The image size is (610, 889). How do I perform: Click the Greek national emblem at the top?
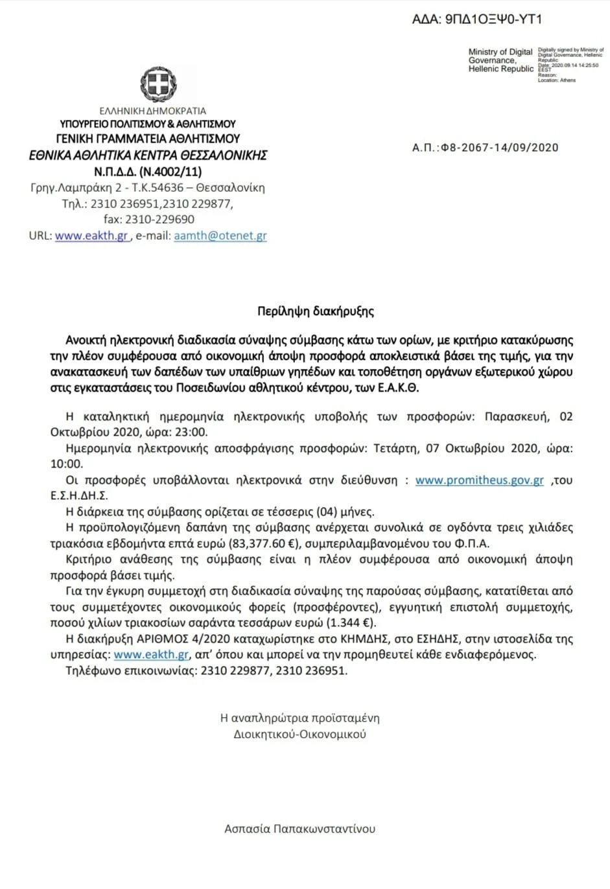[158, 84]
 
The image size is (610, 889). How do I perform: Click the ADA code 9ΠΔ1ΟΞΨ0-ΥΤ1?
[476, 19]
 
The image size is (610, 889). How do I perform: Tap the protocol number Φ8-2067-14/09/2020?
[499, 147]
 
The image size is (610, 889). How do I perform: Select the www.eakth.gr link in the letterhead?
[91, 236]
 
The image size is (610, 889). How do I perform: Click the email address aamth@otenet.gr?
[220, 236]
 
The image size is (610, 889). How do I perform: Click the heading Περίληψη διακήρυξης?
[316, 311]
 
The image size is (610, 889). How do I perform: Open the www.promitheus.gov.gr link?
[479, 480]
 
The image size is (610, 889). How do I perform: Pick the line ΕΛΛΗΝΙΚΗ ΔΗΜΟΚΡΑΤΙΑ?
[153, 111]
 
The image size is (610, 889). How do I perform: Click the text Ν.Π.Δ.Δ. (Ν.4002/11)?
[148, 172]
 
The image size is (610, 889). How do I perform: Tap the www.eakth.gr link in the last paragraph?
[151, 655]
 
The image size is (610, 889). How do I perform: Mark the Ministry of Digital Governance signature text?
[500, 60]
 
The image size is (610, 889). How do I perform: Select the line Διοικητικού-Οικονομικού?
[299, 735]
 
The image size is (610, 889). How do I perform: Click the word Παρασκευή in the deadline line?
[517, 416]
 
